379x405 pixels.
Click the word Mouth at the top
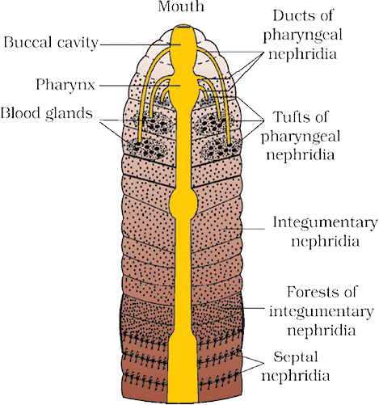(181, 6)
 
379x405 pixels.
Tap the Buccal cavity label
(51, 43)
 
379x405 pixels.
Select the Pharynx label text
(65, 85)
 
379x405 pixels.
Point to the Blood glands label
(47, 113)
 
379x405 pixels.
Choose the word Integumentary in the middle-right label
(325, 222)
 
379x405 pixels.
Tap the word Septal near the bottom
(296, 356)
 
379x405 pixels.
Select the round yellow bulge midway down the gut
(183, 202)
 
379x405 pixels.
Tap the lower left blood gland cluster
(147, 148)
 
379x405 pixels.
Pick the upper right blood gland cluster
(213, 124)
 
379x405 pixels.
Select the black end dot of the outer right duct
(230, 145)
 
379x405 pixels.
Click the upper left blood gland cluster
(152, 124)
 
